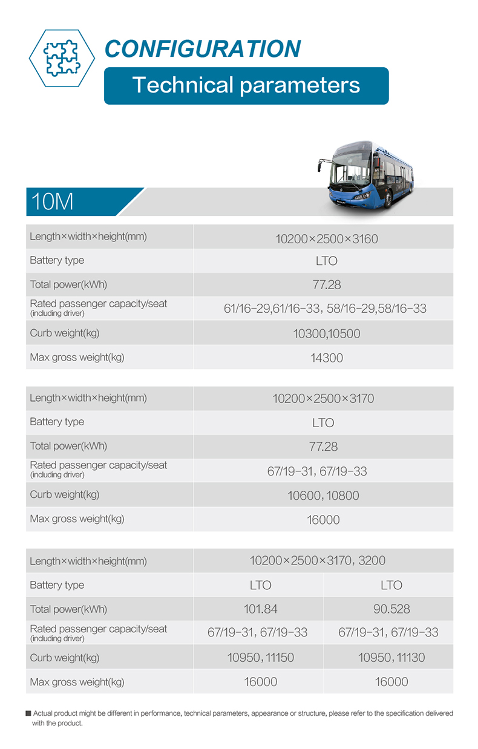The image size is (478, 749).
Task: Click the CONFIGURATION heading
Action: [x=203, y=49]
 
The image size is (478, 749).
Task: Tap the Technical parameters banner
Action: [x=246, y=85]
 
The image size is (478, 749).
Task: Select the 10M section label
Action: [x=53, y=201]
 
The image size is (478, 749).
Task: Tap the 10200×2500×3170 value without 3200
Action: [x=323, y=399]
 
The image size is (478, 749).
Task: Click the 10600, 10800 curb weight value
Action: [x=323, y=496]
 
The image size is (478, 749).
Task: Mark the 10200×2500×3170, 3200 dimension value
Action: [x=317, y=561]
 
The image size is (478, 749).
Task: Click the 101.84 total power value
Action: [x=260, y=609]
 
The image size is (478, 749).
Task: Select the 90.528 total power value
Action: [x=391, y=609]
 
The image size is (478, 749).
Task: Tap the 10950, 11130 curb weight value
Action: [x=391, y=658]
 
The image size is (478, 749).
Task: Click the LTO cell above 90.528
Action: [x=391, y=585]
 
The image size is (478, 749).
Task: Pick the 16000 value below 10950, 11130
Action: [x=391, y=682]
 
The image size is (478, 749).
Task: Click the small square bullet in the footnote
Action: [x=28, y=714]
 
